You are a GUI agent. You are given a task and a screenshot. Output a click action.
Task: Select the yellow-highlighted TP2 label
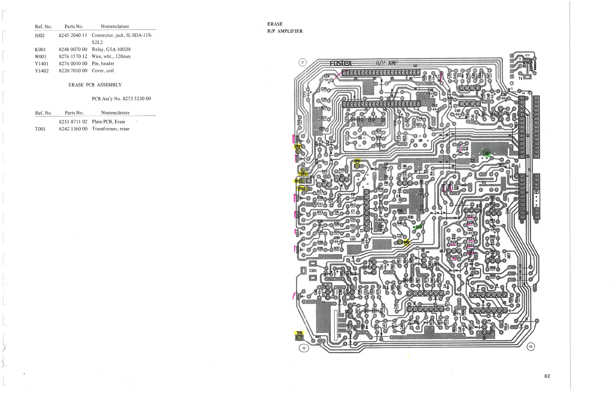(357, 161)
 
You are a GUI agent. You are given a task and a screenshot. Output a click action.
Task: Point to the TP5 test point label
(406, 242)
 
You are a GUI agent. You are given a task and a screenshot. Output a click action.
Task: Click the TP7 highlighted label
(298, 147)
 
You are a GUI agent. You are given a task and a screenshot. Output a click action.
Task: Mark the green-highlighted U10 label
(419, 227)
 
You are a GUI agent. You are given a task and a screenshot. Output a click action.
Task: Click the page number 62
(547, 376)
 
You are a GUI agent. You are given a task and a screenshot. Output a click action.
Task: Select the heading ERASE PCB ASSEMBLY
(95, 85)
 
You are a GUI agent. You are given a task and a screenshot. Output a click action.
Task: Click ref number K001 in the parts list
(40, 49)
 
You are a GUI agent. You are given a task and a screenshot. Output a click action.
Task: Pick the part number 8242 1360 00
(73, 129)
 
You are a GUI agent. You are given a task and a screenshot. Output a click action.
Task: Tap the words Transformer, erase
(111, 129)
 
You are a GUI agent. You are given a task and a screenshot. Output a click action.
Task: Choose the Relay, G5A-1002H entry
(111, 49)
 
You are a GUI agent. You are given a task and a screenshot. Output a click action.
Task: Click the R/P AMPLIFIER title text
(285, 31)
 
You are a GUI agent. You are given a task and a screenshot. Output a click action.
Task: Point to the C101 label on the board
(313, 270)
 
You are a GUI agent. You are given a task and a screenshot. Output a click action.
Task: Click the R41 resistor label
(318, 337)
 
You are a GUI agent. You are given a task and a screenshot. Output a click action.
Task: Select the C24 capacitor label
(327, 76)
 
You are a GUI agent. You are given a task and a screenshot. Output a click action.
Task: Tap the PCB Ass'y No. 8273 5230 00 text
(121, 99)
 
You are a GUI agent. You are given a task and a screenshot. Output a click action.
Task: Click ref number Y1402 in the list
(42, 71)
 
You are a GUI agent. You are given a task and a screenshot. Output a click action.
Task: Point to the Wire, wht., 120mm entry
(111, 56)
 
